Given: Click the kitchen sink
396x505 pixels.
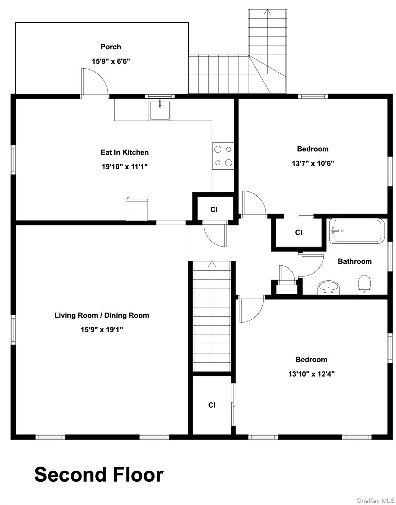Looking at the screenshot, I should click(x=159, y=110).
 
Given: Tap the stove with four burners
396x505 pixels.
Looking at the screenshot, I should click(x=223, y=156).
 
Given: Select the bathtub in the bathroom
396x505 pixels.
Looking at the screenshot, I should click(x=357, y=231).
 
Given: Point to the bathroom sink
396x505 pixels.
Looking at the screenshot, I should click(x=328, y=288).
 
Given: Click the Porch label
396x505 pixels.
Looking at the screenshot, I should click(x=111, y=47).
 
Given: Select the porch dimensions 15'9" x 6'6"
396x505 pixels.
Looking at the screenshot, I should click(x=111, y=61).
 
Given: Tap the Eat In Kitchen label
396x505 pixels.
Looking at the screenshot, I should click(x=125, y=152).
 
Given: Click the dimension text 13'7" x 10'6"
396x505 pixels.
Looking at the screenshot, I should click(x=313, y=163).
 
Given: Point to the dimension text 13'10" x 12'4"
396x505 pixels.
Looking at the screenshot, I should click(x=311, y=374).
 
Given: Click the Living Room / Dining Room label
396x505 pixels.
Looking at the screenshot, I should click(x=102, y=315).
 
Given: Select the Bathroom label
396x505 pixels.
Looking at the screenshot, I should click(x=355, y=261).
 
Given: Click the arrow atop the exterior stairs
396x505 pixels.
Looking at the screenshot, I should click(x=268, y=12).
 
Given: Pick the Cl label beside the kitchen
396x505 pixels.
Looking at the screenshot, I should click(x=214, y=209).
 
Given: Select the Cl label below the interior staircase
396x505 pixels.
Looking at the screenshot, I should click(x=212, y=405).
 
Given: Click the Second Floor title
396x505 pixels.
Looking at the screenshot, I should click(x=99, y=475).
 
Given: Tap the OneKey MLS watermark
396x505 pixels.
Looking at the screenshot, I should click(x=375, y=501).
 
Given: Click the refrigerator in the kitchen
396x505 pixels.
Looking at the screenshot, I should click(x=137, y=210).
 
